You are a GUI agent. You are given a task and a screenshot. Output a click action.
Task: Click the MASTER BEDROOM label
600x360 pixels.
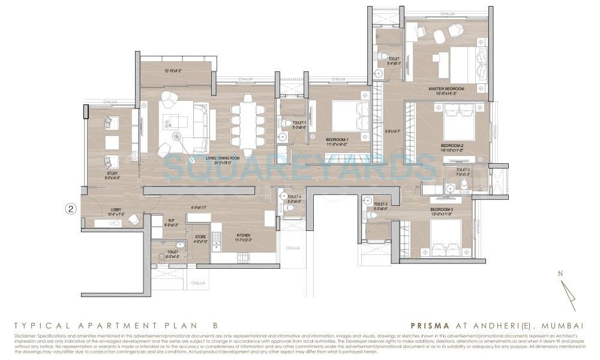(446, 89)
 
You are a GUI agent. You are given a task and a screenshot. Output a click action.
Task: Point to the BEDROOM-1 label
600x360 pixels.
(329, 139)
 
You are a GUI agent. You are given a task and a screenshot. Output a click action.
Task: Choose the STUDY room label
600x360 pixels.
(112, 173)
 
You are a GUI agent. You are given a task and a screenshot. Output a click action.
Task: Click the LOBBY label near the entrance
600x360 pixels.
(115, 210)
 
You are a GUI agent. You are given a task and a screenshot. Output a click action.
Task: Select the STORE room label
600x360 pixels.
(200, 236)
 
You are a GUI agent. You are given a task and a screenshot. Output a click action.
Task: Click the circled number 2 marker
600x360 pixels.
(71, 209)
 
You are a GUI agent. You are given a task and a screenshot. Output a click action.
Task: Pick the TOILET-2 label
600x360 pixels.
(463, 170)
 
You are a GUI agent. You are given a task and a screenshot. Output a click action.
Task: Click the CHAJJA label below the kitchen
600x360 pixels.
(197, 283)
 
